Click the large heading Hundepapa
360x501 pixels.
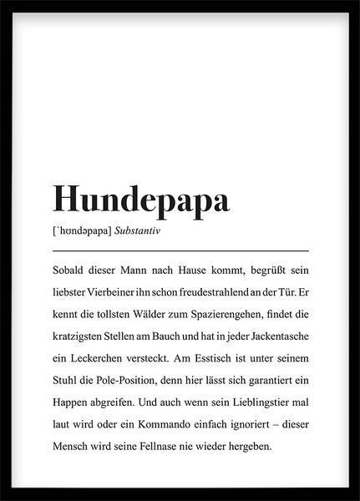[142, 200]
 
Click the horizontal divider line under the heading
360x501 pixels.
[180, 249]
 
